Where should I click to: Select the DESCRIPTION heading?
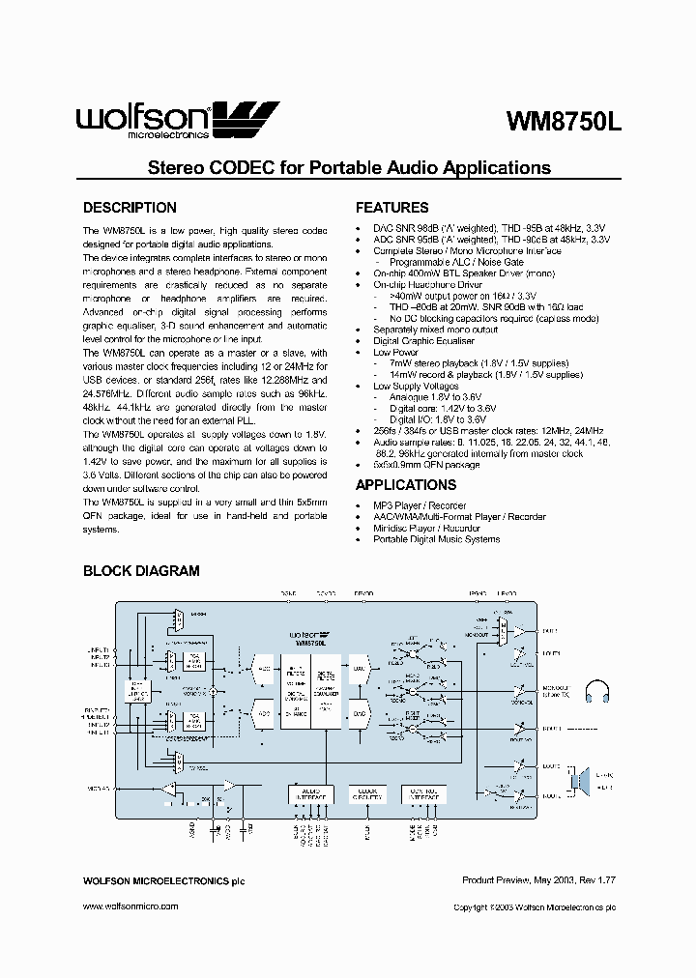click(x=130, y=208)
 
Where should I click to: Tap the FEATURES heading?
click(x=391, y=208)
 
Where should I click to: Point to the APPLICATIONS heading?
click(x=406, y=485)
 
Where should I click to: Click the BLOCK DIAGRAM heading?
click(x=141, y=571)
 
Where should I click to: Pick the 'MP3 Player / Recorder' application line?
click(x=420, y=505)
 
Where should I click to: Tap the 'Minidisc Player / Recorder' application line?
click(x=426, y=528)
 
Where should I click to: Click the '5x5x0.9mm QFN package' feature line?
click(x=426, y=465)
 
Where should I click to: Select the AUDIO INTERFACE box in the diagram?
click(x=310, y=793)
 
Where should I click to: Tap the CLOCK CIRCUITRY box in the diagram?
click(x=365, y=793)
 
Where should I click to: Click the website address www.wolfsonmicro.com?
click(x=130, y=906)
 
